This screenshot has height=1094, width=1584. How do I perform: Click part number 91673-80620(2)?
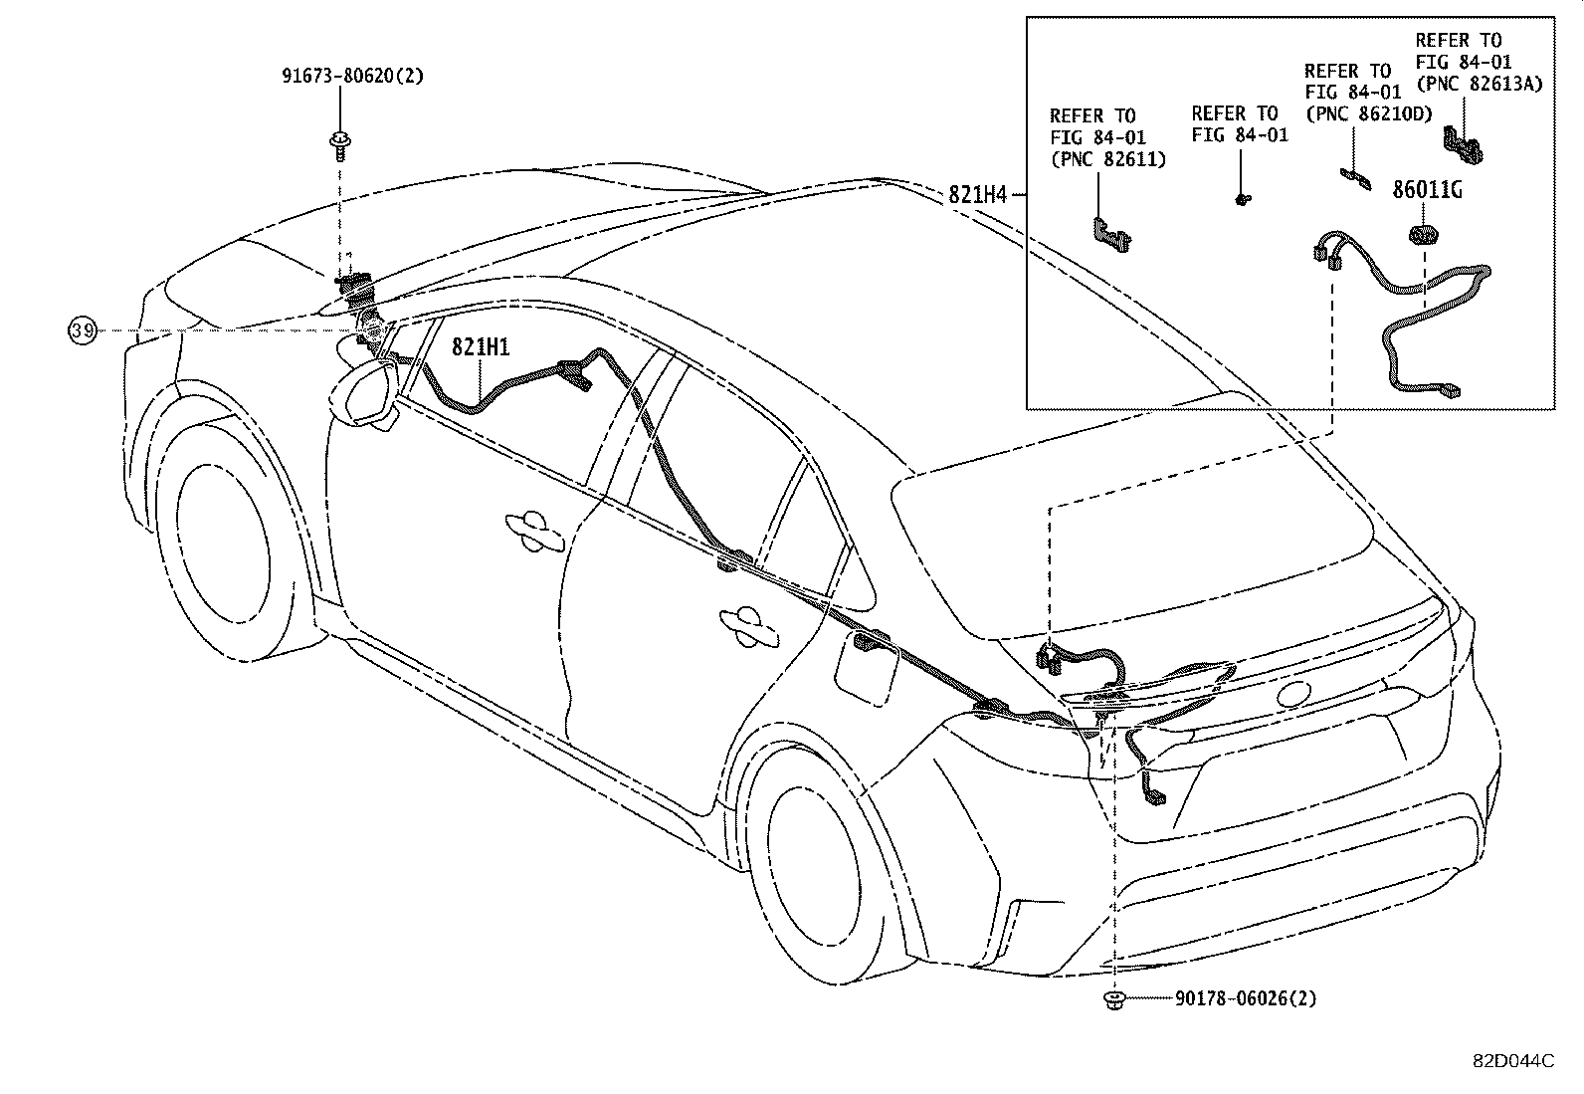[350, 75]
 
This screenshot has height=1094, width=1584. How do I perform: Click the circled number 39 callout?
[83, 330]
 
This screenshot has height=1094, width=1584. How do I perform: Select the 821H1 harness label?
[481, 346]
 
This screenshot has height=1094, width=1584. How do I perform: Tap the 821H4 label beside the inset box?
[978, 195]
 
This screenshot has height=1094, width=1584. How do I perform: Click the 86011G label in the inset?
[1427, 191]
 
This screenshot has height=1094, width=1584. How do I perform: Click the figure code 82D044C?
[1512, 1061]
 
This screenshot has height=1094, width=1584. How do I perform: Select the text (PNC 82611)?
[1107, 159]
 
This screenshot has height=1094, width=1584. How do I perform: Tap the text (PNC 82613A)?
[1479, 84]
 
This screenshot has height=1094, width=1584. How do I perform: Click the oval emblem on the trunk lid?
[1295, 695]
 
